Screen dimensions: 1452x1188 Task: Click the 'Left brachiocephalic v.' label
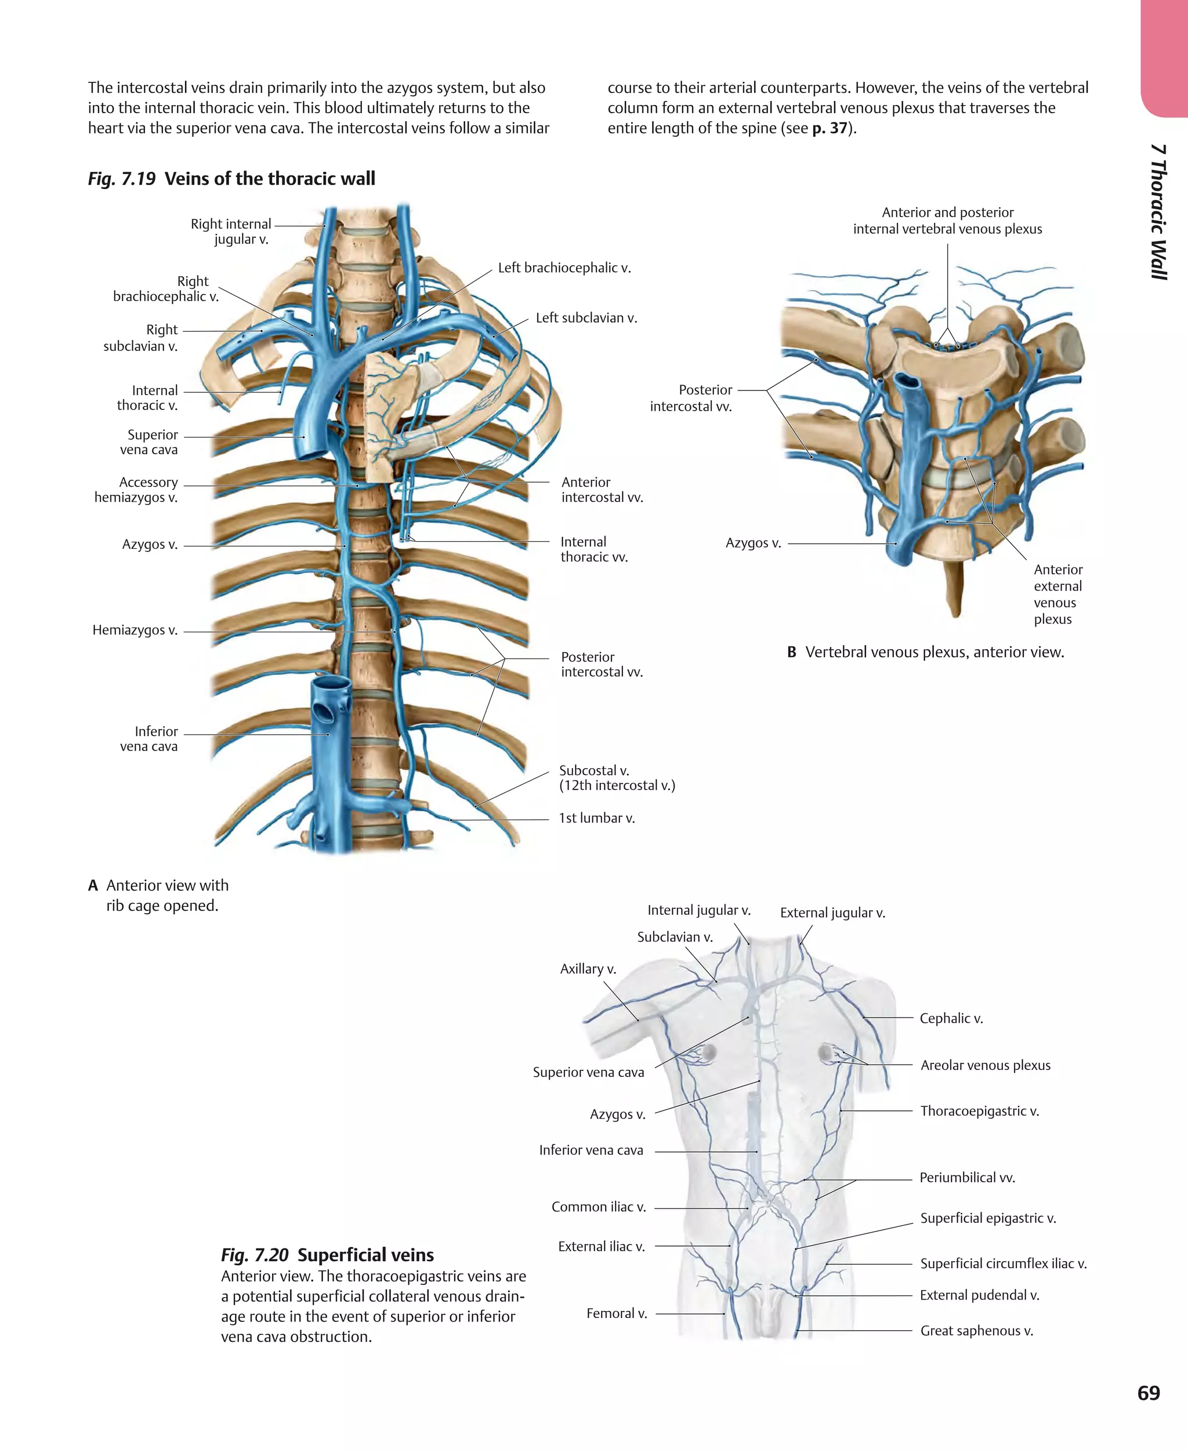click(564, 267)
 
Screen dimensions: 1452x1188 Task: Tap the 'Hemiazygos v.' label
click(135, 629)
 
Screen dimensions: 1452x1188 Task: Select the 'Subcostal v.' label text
click(594, 770)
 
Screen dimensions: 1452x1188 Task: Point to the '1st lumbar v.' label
click(597, 818)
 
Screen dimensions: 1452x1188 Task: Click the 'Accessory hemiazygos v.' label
click(136, 490)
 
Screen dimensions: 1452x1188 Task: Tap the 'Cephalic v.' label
click(951, 1018)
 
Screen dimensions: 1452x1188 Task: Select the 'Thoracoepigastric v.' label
click(979, 1110)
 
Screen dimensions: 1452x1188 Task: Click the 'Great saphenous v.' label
click(976, 1330)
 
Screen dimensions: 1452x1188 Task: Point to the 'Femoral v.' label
click(617, 1313)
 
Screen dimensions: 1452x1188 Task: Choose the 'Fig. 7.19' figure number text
click(122, 179)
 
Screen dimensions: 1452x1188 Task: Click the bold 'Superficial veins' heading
click(365, 1255)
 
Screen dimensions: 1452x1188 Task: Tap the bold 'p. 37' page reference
click(830, 128)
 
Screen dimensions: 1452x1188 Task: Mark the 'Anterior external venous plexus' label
click(1057, 594)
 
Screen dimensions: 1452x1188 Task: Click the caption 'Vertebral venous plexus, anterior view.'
click(934, 651)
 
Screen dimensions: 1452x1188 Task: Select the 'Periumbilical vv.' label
click(966, 1177)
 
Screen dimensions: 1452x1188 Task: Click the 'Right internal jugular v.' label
click(231, 231)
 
